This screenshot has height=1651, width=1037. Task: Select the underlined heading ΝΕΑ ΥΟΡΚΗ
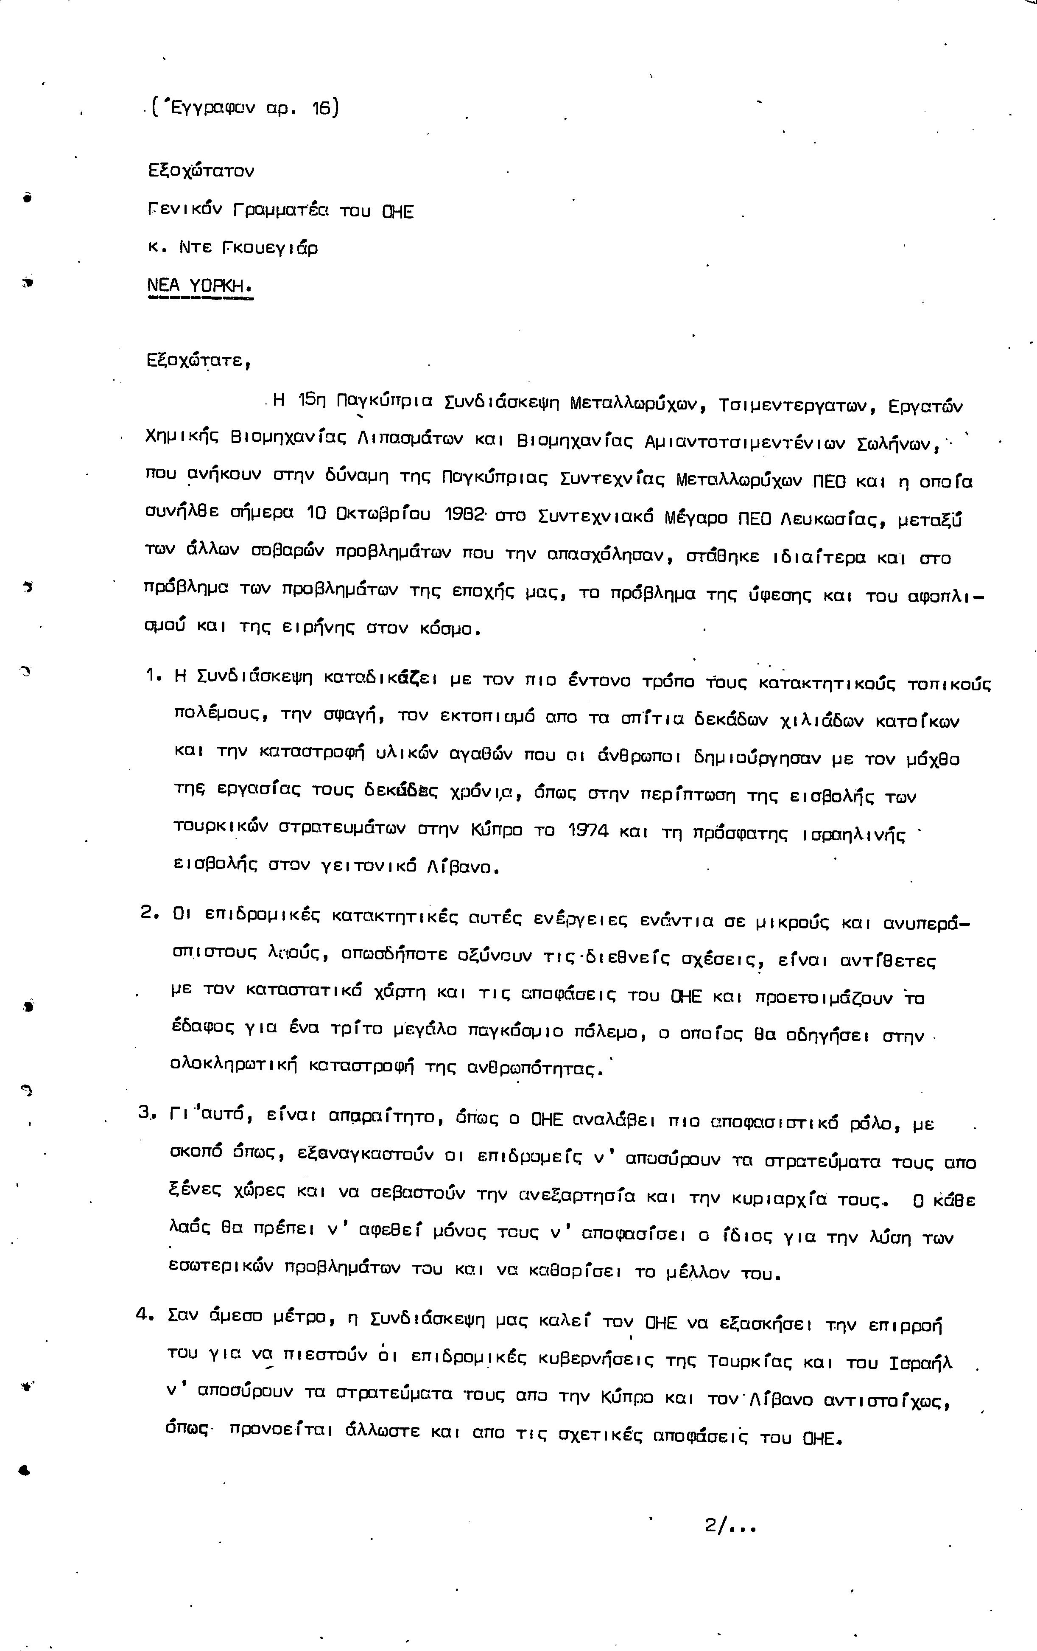click(199, 285)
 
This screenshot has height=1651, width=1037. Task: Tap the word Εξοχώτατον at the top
click(201, 171)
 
